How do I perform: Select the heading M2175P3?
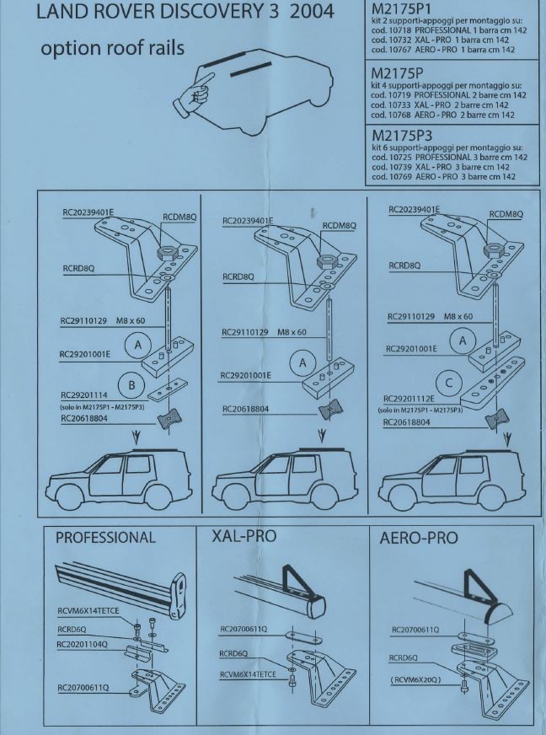coord(407,136)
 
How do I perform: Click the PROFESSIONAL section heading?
coord(105,538)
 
